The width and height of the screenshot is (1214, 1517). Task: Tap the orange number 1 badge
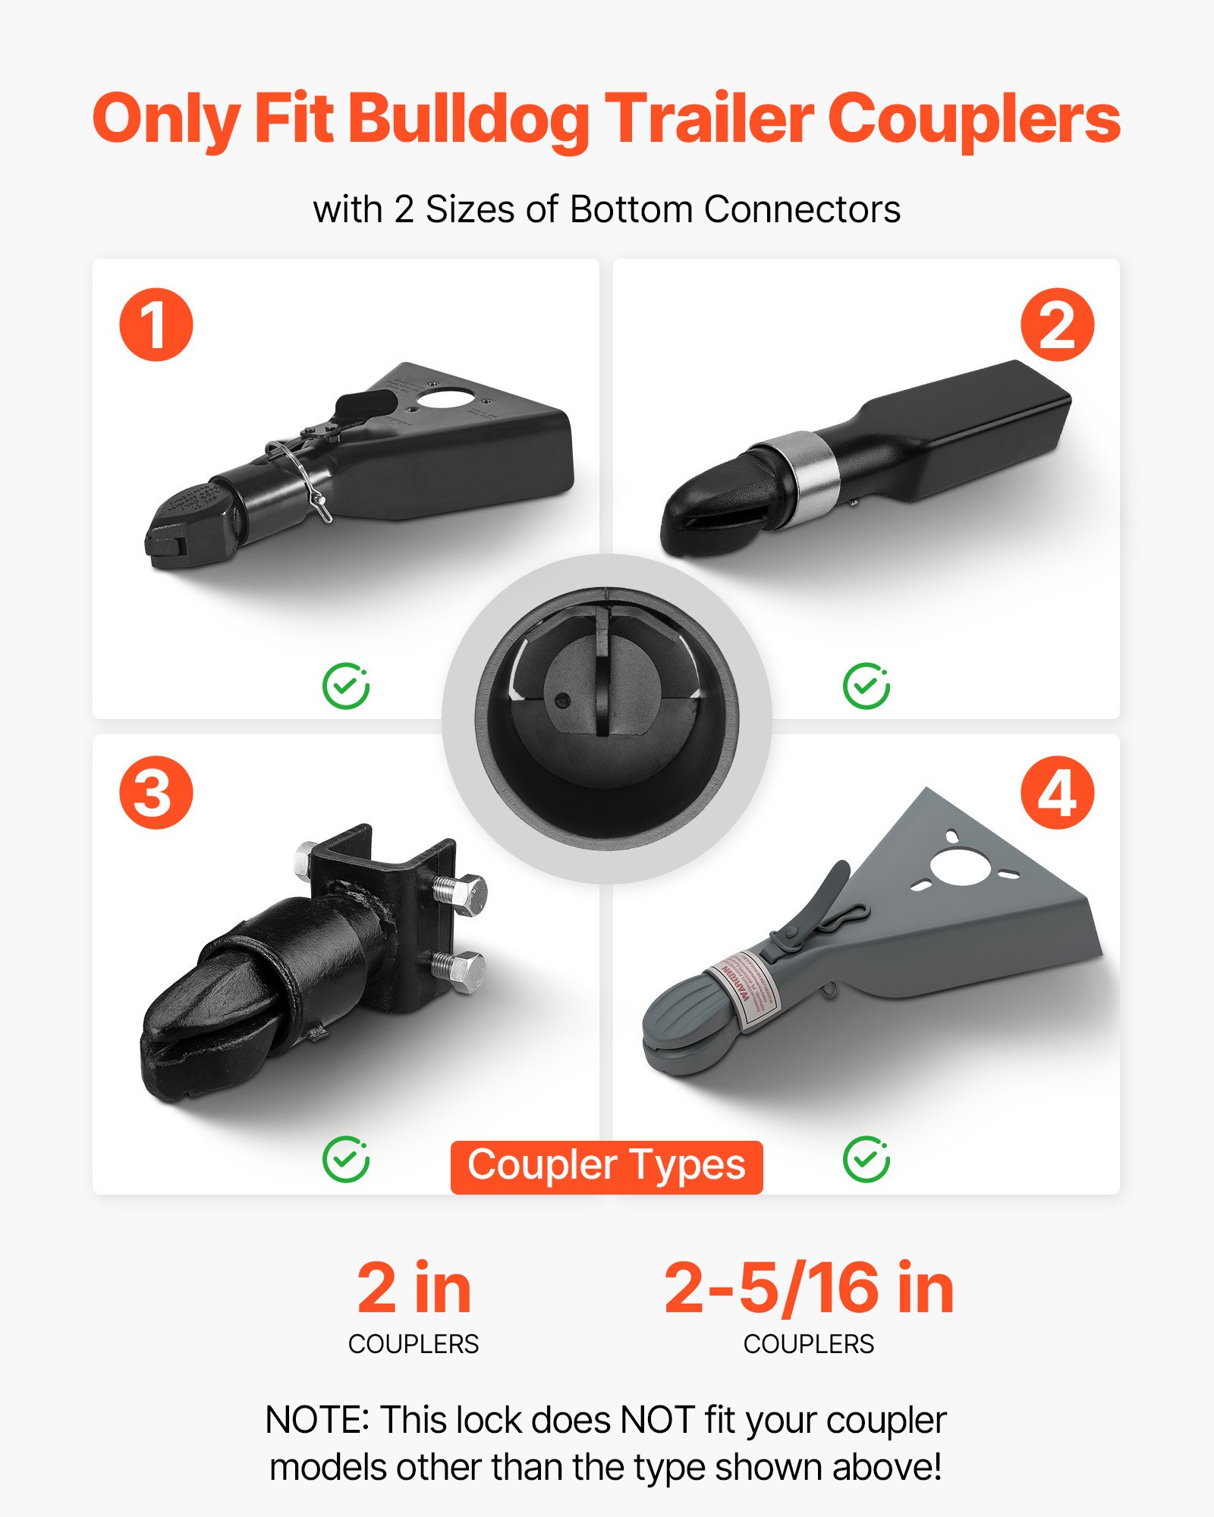[x=156, y=325]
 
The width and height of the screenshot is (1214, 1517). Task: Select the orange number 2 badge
[x=1057, y=325]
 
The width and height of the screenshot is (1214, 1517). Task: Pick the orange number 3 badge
[x=156, y=793]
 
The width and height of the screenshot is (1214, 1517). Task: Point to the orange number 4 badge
[x=1057, y=793]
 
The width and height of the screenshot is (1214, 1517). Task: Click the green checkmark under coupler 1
[x=345, y=686]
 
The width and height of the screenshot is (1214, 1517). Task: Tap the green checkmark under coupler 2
[x=866, y=686]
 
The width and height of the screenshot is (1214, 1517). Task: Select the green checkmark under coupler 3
[x=345, y=1159]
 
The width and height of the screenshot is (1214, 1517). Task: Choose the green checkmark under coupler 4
[x=866, y=1159]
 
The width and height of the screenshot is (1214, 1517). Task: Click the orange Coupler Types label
[x=606, y=1167]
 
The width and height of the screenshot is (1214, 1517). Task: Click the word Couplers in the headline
[x=973, y=120]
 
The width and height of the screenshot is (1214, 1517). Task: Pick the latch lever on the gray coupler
[x=823, y=903]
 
